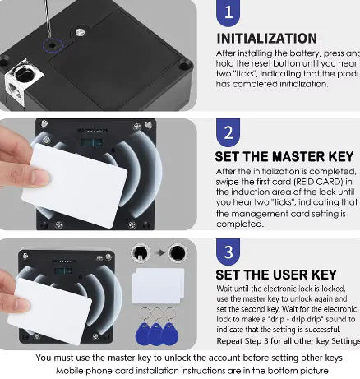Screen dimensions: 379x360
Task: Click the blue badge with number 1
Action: tap(229, 13)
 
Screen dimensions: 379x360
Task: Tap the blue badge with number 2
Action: tap(229, 134)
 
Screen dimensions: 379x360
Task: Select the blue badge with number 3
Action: tap(229, 252)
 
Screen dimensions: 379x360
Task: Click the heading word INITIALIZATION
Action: tap(266, 39)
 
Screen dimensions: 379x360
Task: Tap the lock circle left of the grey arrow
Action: tap(139, 252)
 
